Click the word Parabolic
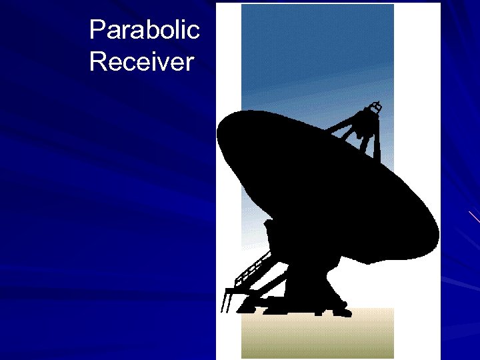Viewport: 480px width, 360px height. point(144,30)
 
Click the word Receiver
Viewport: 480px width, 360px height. point(141,62)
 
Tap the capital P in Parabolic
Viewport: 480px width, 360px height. point(97,29)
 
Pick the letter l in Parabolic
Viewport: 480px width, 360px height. point(179,29)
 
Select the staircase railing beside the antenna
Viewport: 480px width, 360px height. point(250,270)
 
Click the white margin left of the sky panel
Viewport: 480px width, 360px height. point(228,67)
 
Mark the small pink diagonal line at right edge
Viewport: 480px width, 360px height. point(474,216)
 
